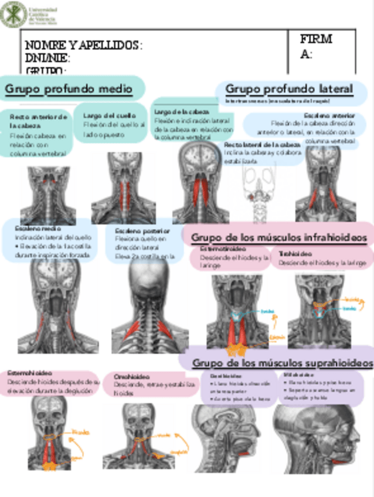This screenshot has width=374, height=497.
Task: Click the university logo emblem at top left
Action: (13, 13)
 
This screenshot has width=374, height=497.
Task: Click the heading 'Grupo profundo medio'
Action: (68, 89)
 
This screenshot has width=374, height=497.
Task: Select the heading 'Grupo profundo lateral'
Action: (289, 89)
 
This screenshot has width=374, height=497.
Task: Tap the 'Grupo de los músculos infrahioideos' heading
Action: (279, 237)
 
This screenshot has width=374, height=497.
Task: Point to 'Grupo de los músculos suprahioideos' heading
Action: (282, 363)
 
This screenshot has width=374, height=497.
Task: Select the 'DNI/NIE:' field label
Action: (47, 59)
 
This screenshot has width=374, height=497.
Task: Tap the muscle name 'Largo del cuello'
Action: (110, 115)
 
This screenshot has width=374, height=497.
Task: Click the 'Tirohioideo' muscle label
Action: (295, 254)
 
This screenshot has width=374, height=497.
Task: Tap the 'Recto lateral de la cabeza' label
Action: (262, 144)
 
